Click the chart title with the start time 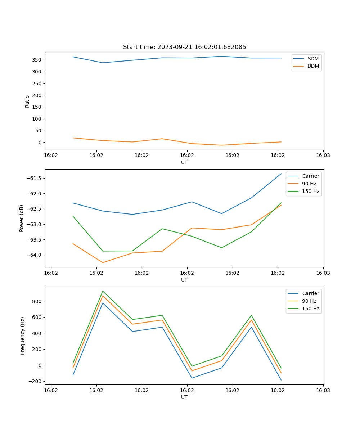(x=184, y=47)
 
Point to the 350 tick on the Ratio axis (x=37, y=60)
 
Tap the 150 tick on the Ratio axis (x=37, y=107)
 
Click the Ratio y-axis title (x=27, y=102)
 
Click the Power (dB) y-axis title (x=22, y=218)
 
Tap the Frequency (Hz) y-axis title (x=23, y=336)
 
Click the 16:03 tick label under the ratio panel (x=323, y=156)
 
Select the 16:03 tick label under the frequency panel (x=323, y=390)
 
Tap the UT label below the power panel (x=184, y=280)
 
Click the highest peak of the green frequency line (x=103, y=291)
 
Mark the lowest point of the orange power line (x=103, y=262)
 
